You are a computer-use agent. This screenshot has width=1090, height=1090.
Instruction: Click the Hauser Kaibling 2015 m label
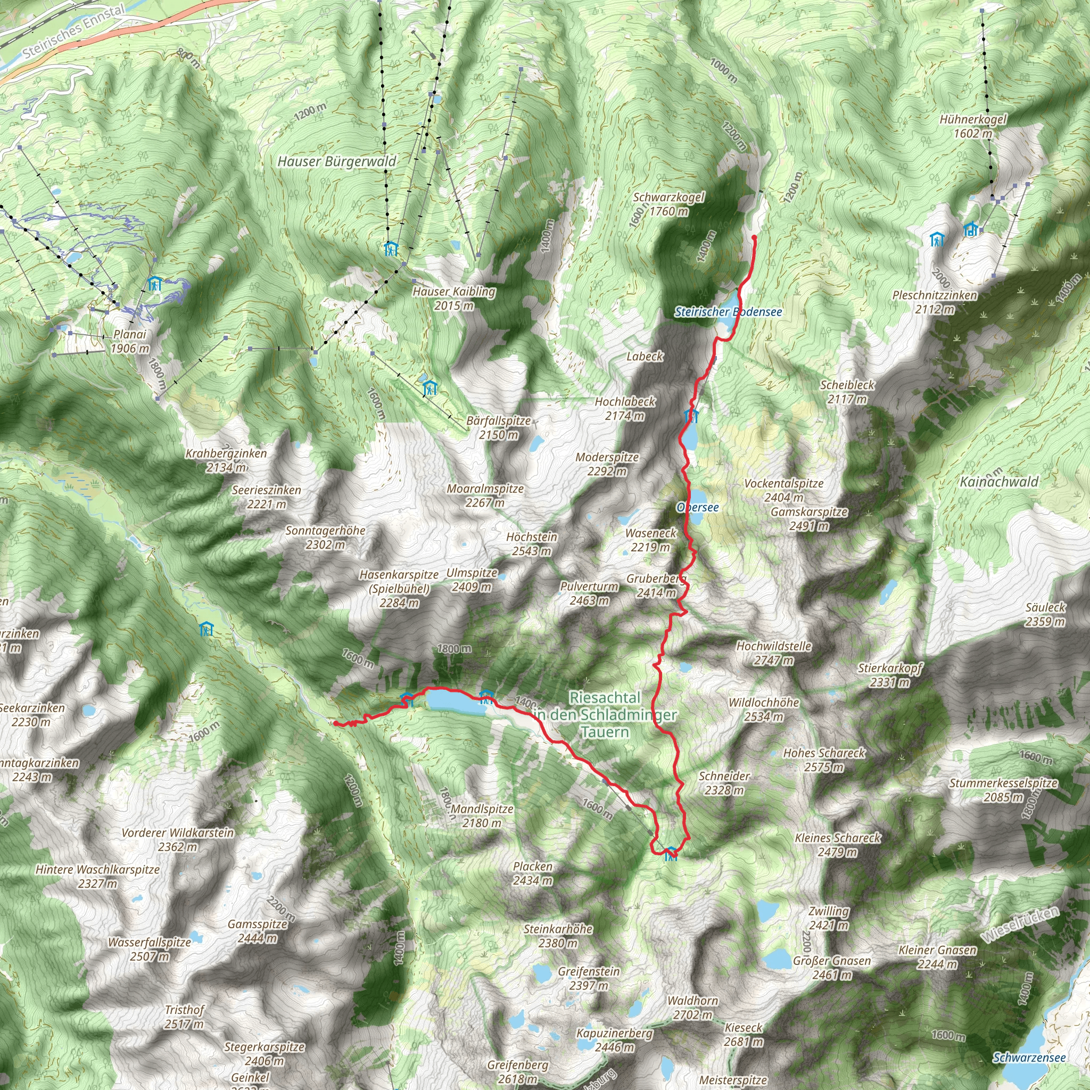pos(453,299)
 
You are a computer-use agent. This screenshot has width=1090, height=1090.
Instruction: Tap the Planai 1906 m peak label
pos(130,341)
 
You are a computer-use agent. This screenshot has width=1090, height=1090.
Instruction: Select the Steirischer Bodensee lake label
pos(728,312)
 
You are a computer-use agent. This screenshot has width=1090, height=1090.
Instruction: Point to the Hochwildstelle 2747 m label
pos(773,653)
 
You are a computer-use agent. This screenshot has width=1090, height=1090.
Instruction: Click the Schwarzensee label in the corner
pos(1029,1058)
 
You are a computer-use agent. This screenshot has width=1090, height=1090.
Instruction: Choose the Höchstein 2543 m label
pos(532,544)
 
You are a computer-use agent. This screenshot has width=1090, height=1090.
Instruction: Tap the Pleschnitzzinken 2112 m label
pos(934,302)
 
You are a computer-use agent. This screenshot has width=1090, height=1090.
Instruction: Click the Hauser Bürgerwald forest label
pos(337,162)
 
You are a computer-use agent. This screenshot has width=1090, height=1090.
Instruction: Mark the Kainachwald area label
pos(998,482)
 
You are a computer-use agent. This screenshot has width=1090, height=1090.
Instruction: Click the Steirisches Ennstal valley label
pos(73,32)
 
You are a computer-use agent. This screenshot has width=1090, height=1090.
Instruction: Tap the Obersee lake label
pos(698,507)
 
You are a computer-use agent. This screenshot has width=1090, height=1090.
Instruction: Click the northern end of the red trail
pos(754,237)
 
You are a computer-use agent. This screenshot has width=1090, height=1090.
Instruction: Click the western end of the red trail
pos(335,723)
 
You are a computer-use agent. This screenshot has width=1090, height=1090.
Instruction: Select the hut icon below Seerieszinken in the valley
pos(207,628)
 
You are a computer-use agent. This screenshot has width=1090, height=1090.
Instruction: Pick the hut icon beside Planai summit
pos(154,283)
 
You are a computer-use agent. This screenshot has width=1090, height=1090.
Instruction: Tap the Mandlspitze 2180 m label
pos(482,816)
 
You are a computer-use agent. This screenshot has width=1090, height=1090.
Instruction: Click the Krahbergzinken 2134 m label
pos(226,460)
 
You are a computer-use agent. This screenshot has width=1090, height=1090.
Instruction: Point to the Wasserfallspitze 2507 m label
pos(150,949)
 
